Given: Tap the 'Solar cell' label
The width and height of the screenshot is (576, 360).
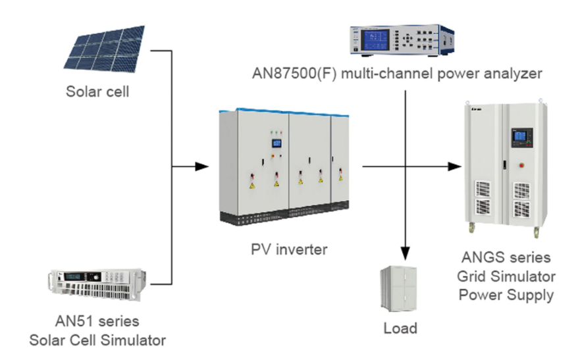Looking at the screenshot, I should (x=97, y=91).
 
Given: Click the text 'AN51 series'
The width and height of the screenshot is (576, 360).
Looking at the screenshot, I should (x=97, y=322).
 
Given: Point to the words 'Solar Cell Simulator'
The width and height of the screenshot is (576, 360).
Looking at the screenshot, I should (x=97, y=340).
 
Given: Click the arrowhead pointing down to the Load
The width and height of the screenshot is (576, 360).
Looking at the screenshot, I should (x=406, y=253).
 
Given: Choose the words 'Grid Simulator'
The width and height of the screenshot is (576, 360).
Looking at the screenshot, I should (x=506, y=275).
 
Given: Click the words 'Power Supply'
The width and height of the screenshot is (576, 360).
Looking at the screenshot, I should (x=506, y=294).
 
